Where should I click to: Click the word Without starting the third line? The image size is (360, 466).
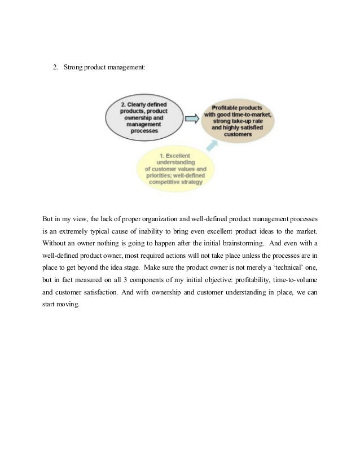click(x=55, y=244)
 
